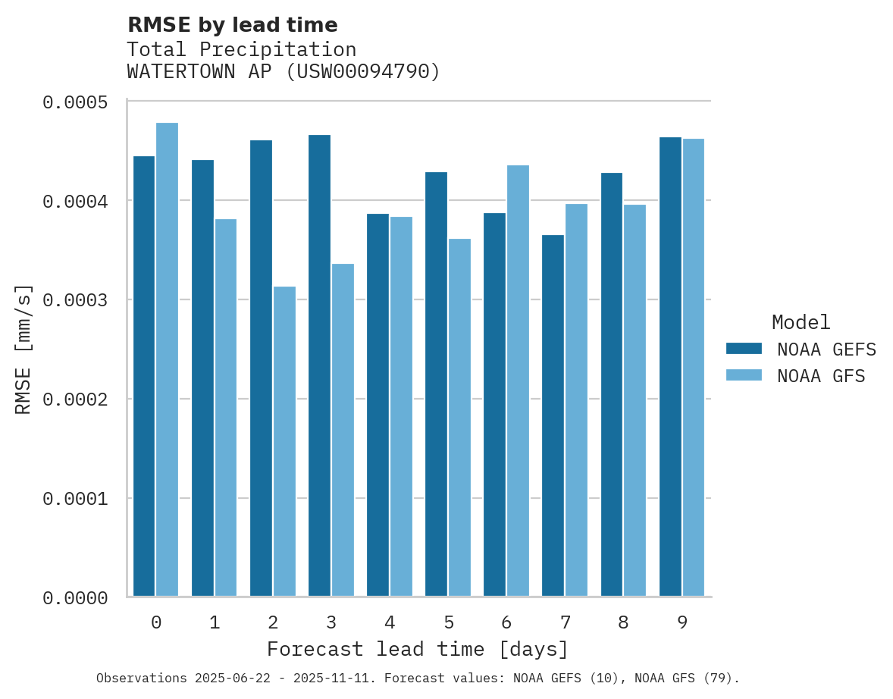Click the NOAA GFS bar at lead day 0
click(168, 359)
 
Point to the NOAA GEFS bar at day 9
click(670, 367)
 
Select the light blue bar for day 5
click(459, 418)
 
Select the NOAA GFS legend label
click(820, 376)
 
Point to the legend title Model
click(801, 322)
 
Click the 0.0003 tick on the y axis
click(74, 300)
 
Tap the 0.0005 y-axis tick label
click(74, 102)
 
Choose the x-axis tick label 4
click(390, 622)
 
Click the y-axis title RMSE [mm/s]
click(23, 349)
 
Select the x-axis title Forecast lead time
click(418, 650)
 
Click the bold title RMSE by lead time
click(232, 25)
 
